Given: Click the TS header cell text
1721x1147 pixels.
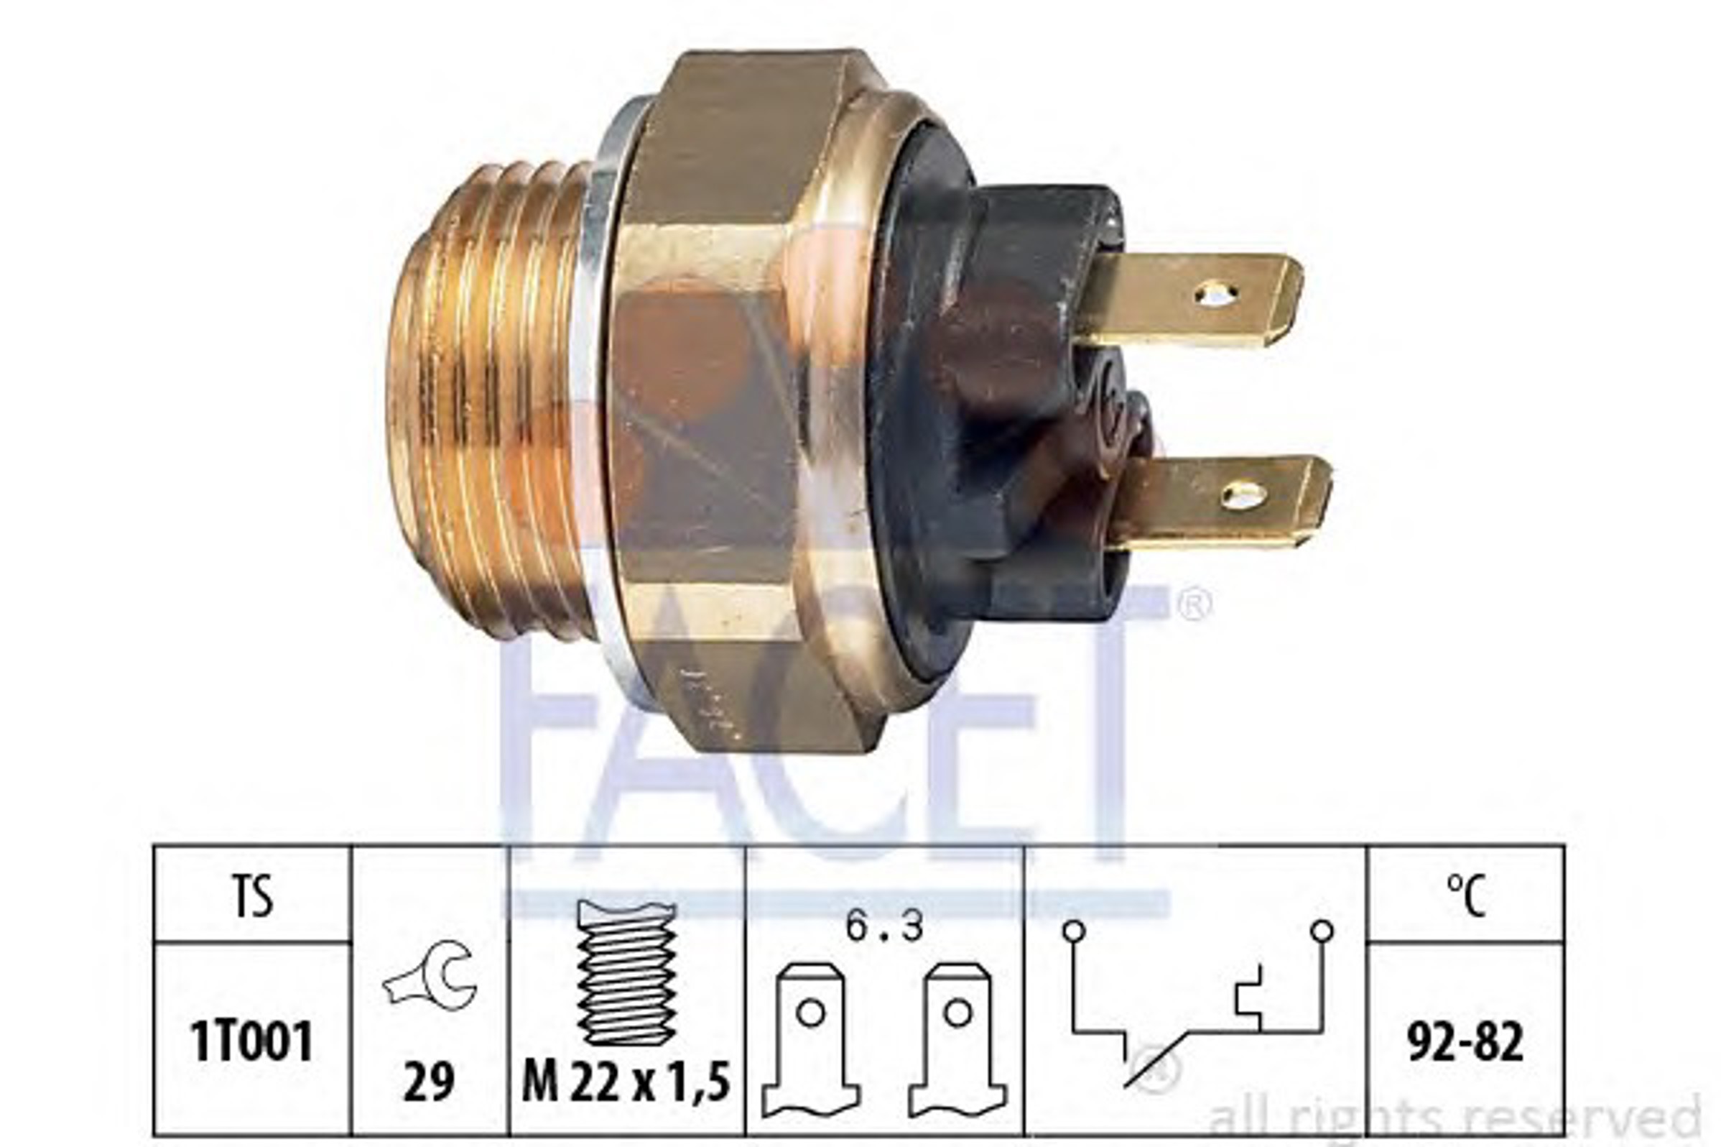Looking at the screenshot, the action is click(253, 897).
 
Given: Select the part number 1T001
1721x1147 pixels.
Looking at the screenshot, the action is click(252, 1041).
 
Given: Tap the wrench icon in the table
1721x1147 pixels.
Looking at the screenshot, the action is click(430, 976).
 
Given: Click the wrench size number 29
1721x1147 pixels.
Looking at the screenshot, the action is click(429, 1081).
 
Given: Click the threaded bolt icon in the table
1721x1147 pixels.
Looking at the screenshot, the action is click(626, 972).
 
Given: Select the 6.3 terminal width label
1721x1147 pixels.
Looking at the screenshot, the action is click(885, 927).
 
